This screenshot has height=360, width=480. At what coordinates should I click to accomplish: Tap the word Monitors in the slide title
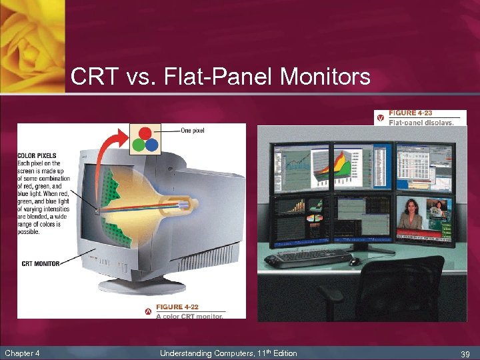click(x=325, y=77)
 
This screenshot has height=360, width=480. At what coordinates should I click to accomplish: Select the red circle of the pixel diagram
click(x=145, y=133)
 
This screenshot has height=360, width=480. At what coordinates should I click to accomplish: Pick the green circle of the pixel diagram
click(x=138, y=144)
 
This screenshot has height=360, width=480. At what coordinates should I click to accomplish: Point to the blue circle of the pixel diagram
click(x=151, y=144)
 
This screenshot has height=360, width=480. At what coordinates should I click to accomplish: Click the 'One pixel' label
click(x=193, y=130)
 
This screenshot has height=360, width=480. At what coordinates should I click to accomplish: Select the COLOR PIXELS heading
click(x=37, y=156)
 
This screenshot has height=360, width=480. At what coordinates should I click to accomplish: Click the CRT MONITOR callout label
click(x=41, y=264)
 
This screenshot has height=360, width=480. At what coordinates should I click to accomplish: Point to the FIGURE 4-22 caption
click(x=177, y=307)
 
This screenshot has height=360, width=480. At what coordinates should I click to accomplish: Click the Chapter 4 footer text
click(x=22, y=353)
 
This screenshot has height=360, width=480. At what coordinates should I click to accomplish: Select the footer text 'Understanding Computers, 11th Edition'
click(x=228, y=353)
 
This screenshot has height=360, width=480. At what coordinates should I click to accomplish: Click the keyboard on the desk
click(x=313, y=256)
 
